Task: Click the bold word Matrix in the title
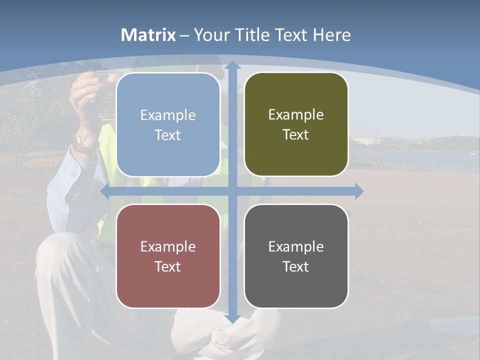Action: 148,35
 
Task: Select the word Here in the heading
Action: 331,35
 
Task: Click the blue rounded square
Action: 168,124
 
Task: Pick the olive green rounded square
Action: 296,124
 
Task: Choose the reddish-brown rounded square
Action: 168,256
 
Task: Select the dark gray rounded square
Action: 296,256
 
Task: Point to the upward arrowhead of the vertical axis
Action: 232,64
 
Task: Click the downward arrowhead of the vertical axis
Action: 232,318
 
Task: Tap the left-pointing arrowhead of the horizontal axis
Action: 105,191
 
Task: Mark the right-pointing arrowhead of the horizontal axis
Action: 359,191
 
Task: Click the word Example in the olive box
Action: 296,115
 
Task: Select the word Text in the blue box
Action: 168,135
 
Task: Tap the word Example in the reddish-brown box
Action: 168,246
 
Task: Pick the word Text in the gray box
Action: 296,267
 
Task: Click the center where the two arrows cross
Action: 232,191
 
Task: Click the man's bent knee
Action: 55,250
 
